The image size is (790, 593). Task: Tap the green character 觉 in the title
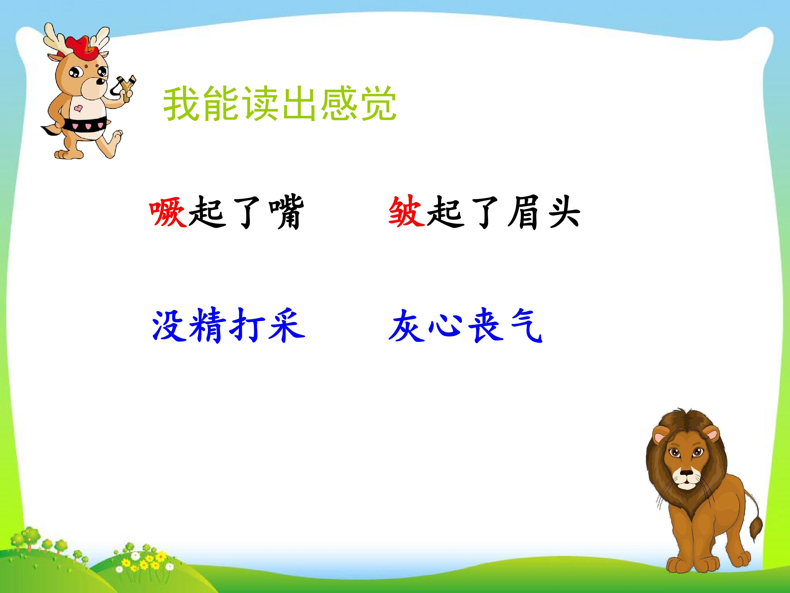click(x=379, y=104)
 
